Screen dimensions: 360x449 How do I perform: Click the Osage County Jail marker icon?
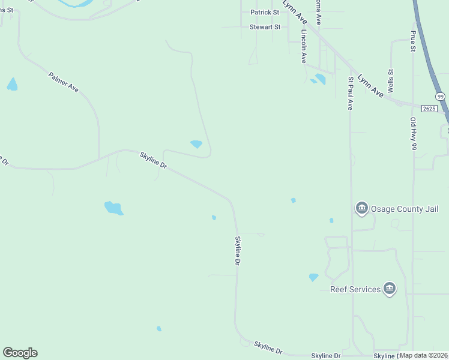[361, 208]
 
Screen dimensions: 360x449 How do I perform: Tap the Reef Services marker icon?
[390, 289]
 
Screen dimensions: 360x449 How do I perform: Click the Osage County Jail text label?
[405, 209]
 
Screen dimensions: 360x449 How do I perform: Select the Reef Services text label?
[355, 289]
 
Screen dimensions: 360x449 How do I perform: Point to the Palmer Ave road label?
[63, 82]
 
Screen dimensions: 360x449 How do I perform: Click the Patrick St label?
[265, 12]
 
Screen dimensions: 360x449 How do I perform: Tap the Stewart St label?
[265, 27]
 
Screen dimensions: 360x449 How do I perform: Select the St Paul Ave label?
[351, 92]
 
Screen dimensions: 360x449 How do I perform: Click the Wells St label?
[391, 80]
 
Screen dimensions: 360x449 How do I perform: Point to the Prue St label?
[413, 41]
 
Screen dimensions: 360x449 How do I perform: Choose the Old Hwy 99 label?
[413, 137]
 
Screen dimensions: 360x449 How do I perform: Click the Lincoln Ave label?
[304, 47]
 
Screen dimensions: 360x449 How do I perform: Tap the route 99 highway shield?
[441, 96]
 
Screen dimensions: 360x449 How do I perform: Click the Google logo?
[20, 353]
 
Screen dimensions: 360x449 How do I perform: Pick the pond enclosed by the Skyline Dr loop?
[196, 144]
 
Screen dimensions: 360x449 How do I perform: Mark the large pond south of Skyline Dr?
[113, 208]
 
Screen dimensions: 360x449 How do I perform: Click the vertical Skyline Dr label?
[237, 250]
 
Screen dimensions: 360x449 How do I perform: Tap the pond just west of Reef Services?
[313, 277]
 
